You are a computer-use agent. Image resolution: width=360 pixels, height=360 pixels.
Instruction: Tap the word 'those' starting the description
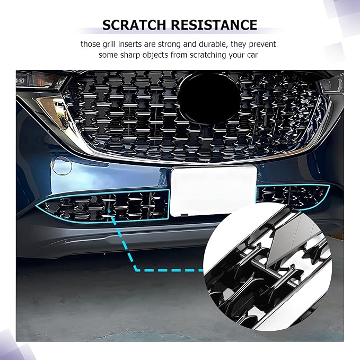click(90, 43)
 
